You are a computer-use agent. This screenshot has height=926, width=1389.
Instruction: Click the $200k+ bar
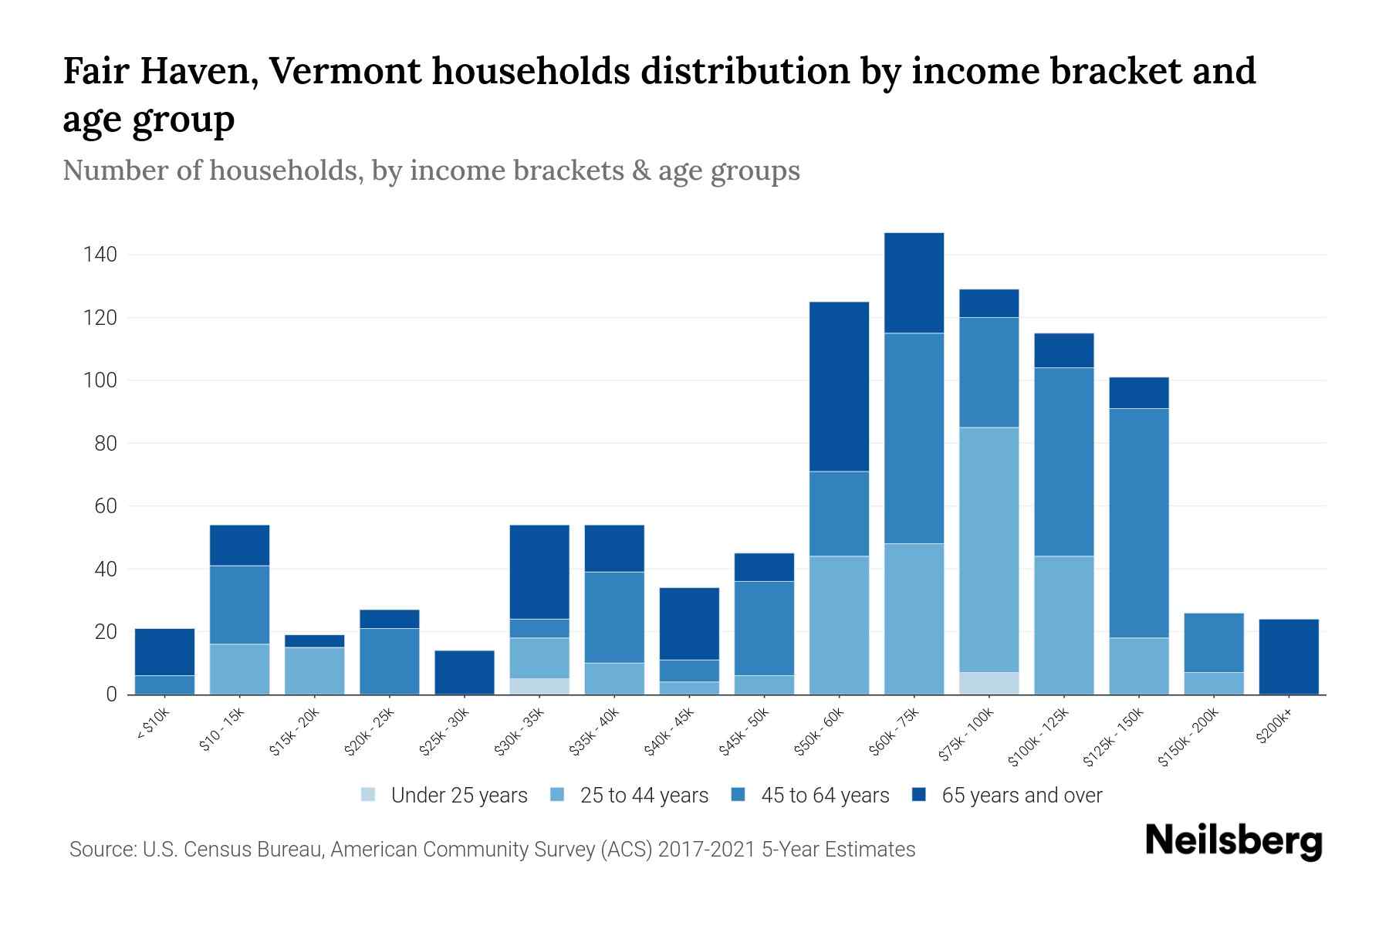(1288, 657)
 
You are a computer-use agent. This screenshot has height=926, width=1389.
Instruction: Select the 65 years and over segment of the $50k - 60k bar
(839, 386)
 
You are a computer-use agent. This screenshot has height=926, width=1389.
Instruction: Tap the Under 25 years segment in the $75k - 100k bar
(989, 683)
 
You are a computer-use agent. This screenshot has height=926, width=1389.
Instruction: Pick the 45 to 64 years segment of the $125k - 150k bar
(1138, 523)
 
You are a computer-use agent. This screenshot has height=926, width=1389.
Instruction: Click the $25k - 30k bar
(465, 672)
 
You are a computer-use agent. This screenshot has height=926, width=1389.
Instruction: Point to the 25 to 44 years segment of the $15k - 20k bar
(314, 671)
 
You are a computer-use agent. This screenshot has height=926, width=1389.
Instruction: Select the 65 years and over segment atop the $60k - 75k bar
(914, 282)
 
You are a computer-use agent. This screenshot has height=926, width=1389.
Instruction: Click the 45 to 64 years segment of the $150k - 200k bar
(1213, 643)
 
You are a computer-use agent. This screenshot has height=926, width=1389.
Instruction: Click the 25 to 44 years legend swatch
(558, 795)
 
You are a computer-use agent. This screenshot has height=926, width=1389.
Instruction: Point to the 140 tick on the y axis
(100, 255)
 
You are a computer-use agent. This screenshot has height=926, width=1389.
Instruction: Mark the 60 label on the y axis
(106, 506)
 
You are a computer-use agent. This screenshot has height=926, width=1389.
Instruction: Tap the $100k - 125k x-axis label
(1039, 737)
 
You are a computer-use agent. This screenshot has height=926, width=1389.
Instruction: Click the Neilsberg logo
(1233, 841)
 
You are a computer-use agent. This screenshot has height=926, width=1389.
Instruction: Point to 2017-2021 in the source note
(706, 850)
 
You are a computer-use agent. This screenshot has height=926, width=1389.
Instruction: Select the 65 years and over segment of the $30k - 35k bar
(539, 572)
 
